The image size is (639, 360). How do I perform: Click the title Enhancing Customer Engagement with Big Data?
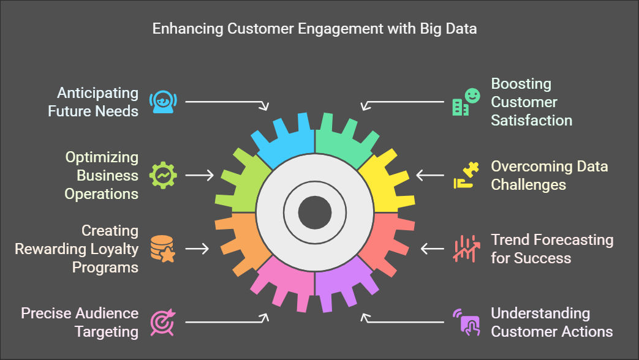pyautogui.click(x=314, y=29)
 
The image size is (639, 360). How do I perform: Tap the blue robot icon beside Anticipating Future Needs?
pyautogui.click(x=162, y=101)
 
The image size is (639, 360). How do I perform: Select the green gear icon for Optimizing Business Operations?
pyautogui.click(x=163, y=175)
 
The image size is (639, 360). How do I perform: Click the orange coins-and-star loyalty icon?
pyautogui.click(x=162, y=249)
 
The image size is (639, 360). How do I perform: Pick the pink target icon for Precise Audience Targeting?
pyautogui.click(x=162, y=322)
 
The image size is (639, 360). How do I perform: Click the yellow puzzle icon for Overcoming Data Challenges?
pyautogui.click(x=466, y=175)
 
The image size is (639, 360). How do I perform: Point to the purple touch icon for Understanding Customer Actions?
pyautogui.click(x=466, y=322)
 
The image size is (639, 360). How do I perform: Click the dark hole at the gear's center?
pyautogui.click(x=315, y=212)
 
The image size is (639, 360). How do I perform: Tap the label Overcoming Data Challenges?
pyautogui.click(x=549, y=175)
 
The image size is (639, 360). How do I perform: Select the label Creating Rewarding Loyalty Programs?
pyautogui.click(x=77, y=249)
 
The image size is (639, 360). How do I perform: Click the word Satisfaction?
pyautogui.click(x=531, y=120)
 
